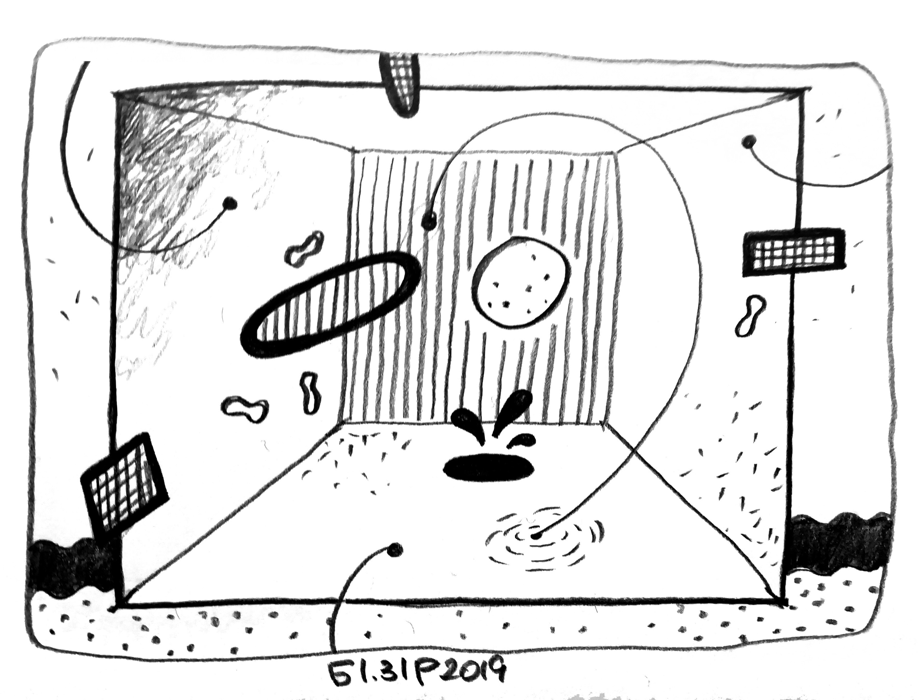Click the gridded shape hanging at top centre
(x=400, y=85)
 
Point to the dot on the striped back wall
(x=429, y=220)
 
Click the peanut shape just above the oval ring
(x=305, y=248)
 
